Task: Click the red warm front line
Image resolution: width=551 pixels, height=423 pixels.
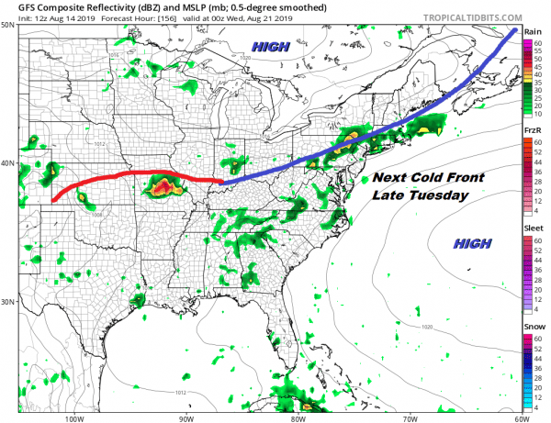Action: pos(138,173)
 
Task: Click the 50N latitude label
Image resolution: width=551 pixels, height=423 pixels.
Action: pos(8,26)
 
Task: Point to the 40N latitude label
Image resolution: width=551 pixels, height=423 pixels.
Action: pos(8,164)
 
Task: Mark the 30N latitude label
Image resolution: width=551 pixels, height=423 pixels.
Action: pos(8,302)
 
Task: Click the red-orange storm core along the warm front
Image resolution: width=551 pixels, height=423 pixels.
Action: pos(162,189)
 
